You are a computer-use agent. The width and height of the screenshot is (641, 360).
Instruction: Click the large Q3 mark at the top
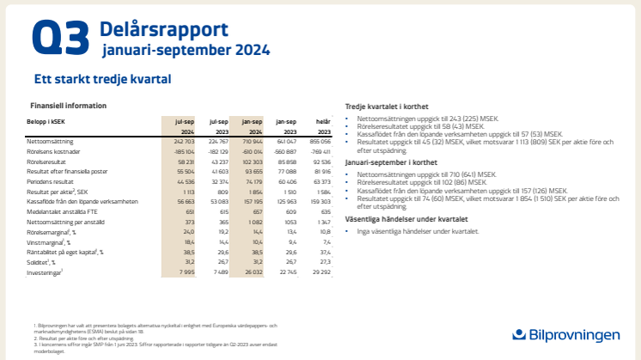coord(60,39)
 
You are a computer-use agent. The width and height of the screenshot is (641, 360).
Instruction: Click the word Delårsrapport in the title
coord(162,28)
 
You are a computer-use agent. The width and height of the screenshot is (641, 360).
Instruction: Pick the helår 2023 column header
coord(321,127)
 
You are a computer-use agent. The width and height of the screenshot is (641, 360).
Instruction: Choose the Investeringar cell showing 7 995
coord(186,272)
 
